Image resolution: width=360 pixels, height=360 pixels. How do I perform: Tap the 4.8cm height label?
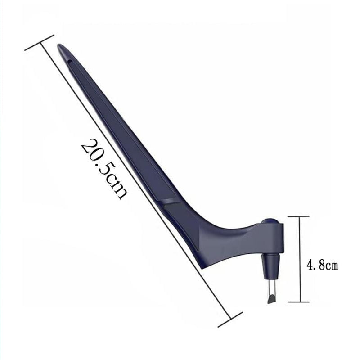pos(322,265)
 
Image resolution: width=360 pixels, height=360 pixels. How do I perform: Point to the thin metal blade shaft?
pos(271,285)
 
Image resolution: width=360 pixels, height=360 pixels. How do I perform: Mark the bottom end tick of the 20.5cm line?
pos(230,319)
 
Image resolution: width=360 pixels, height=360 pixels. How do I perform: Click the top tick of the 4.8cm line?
pos(298,216)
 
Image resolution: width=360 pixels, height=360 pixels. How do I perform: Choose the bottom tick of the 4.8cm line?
pos(298,302)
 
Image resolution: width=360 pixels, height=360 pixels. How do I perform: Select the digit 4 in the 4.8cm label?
pos(310,265)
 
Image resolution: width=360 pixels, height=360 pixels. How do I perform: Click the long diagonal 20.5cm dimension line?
pos(135,180)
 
